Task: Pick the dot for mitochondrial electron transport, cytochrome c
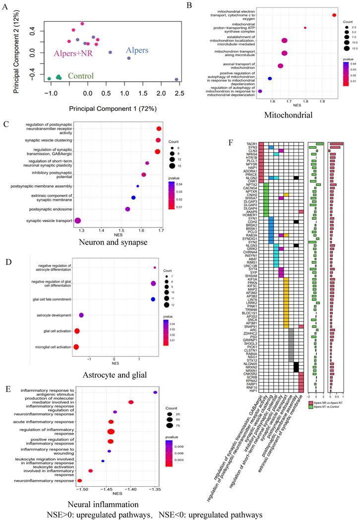click(x=335, y=15)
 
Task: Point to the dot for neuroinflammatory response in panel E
click(x=79, y=480)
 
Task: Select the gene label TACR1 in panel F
click(x=251, y=143)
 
